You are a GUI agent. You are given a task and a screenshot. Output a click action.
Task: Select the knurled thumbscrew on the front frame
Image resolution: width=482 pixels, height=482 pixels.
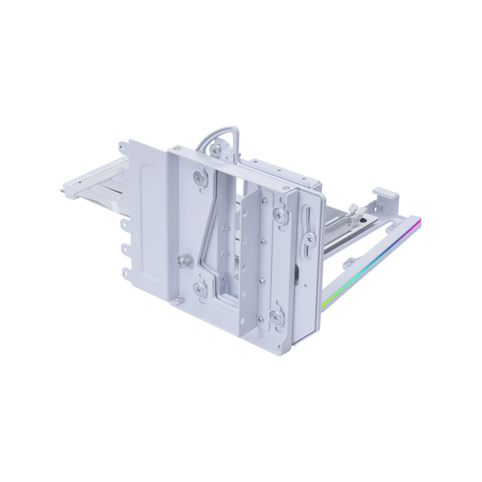coord(186,261)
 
